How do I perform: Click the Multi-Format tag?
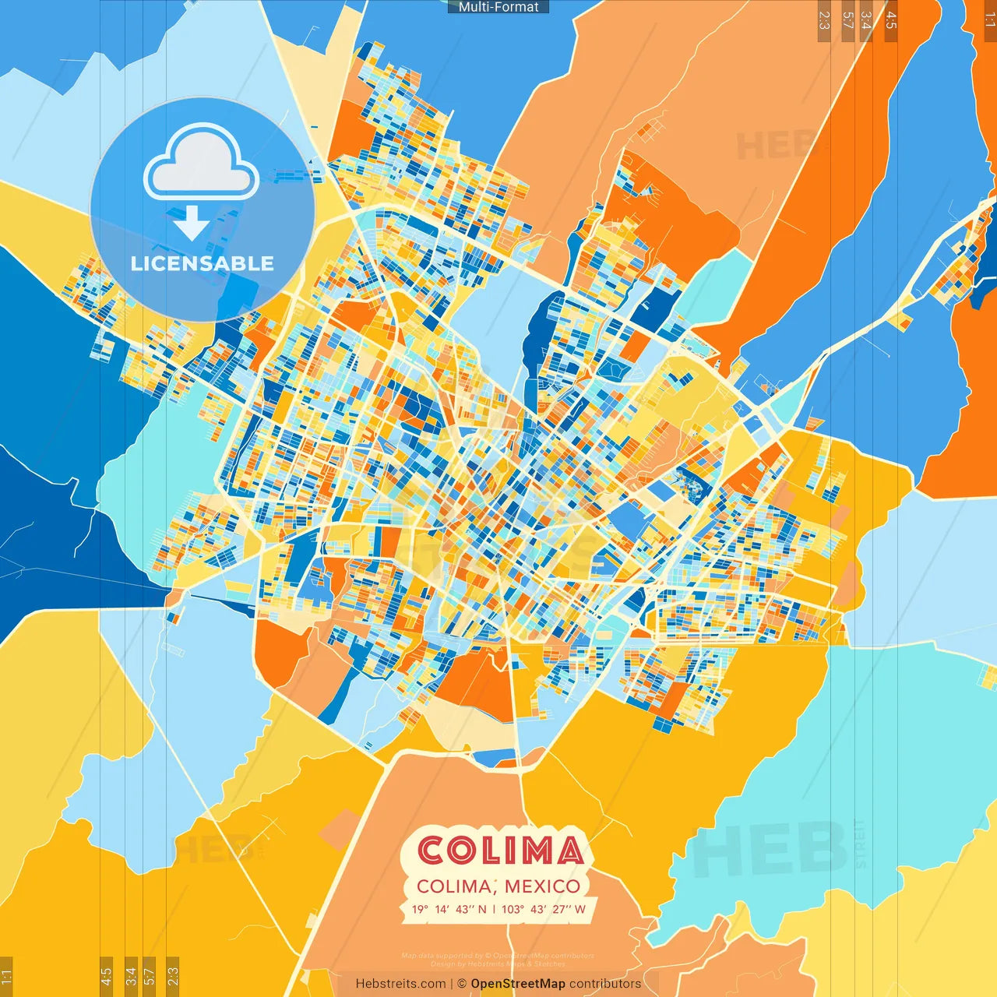[498, 7]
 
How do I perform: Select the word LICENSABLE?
[203, 263]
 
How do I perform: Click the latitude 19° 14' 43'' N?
[449, 909]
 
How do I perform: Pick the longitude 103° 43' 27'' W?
[544, 909]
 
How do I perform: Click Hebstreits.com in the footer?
[400, 984]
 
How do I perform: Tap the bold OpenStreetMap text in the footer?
[518, 984]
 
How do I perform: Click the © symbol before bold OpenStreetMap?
[462, 984]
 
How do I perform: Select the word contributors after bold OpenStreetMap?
[605, 984]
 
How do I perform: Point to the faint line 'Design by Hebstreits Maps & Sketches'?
[498, 964]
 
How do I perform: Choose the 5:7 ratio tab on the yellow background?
[149, 975]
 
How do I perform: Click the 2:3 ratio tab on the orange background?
[824, 20]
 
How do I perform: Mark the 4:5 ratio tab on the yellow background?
[106, 975]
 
